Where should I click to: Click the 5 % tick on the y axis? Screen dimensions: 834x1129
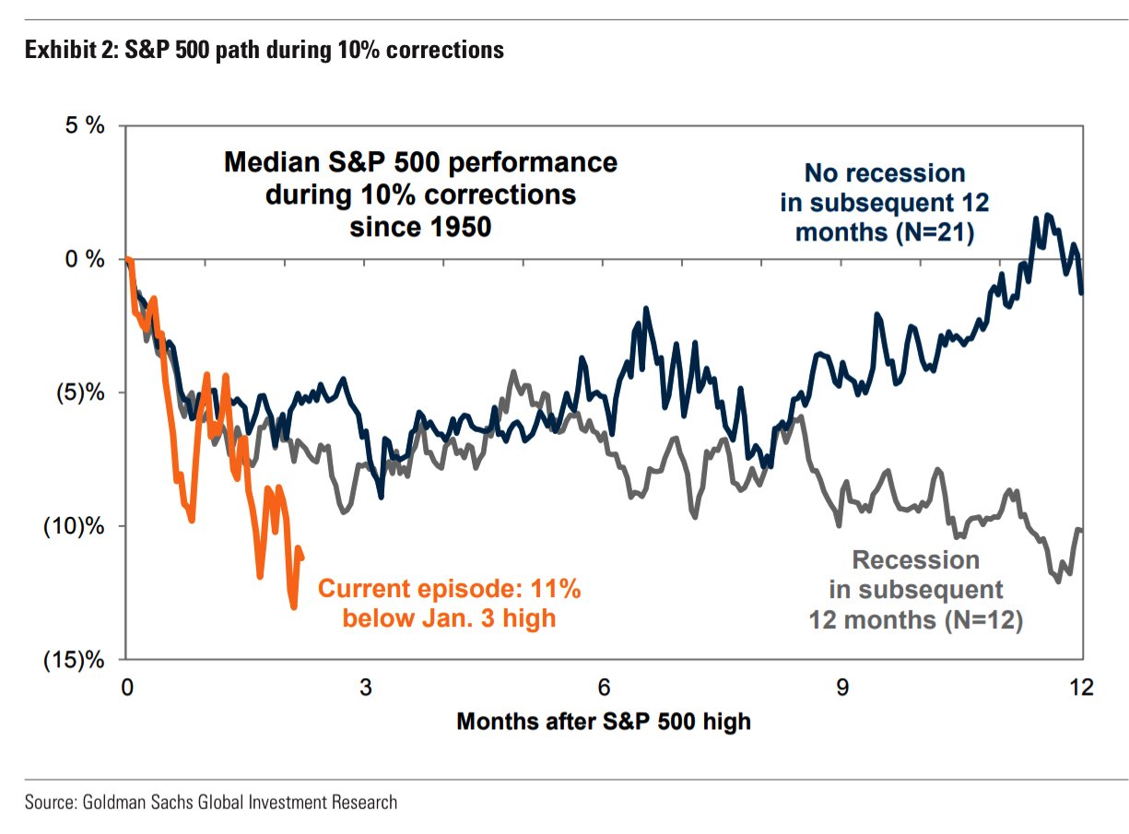click(85, 126)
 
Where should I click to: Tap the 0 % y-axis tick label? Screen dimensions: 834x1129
click(85, 260)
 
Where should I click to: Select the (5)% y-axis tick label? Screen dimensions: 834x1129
click(79, 394)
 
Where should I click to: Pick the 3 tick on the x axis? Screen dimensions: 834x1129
click(366, 687)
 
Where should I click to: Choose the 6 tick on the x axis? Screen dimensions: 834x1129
click(604, 687)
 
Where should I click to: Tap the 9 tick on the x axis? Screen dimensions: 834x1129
click(842, 687)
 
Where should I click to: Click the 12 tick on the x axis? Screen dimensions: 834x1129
click(1080, 687)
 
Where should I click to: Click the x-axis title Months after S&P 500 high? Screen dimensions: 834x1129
click(604, 721)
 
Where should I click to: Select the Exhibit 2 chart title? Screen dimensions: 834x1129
click(265, 50)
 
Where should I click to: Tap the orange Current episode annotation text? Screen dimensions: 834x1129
click(449, 603)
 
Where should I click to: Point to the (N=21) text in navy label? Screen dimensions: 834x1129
click(932, 232)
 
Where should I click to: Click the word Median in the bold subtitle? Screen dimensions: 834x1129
click(266, 163)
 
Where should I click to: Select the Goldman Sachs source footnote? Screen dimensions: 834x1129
click(211, 802)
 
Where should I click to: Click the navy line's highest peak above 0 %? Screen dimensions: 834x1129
click(1049, 215)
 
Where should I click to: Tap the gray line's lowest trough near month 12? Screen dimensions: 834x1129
click(1058, 581)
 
